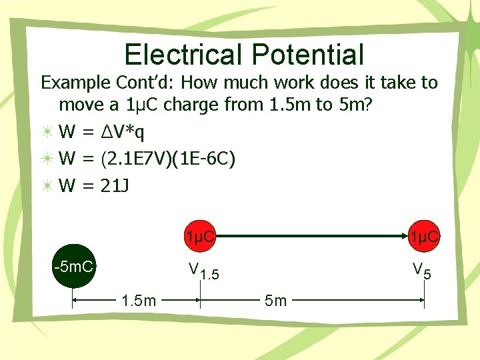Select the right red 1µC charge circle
pos(424,236)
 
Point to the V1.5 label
pos(205,271)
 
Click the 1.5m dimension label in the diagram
pos(139,301)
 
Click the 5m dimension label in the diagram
pos(275,301)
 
